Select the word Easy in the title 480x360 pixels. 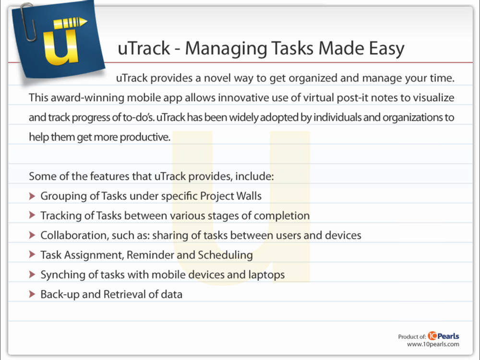(x=386, y=48)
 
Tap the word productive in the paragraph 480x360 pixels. (x=144, y=137)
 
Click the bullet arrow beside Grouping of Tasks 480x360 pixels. (x=32, y=196)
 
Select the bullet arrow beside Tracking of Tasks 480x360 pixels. (x=32, y=216)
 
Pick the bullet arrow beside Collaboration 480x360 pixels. (x=32, y=235)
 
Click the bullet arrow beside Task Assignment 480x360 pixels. (x=32, y=255)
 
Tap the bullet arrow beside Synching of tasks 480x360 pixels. (x=32, y=274)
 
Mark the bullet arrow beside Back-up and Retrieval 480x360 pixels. (x=32, y=294)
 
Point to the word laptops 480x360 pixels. (x=266, y=275)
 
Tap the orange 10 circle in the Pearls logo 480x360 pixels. (x=432, y=336)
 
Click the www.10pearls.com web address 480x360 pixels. (x=433, y=344)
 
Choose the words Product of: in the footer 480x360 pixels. (x=412, y=337)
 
